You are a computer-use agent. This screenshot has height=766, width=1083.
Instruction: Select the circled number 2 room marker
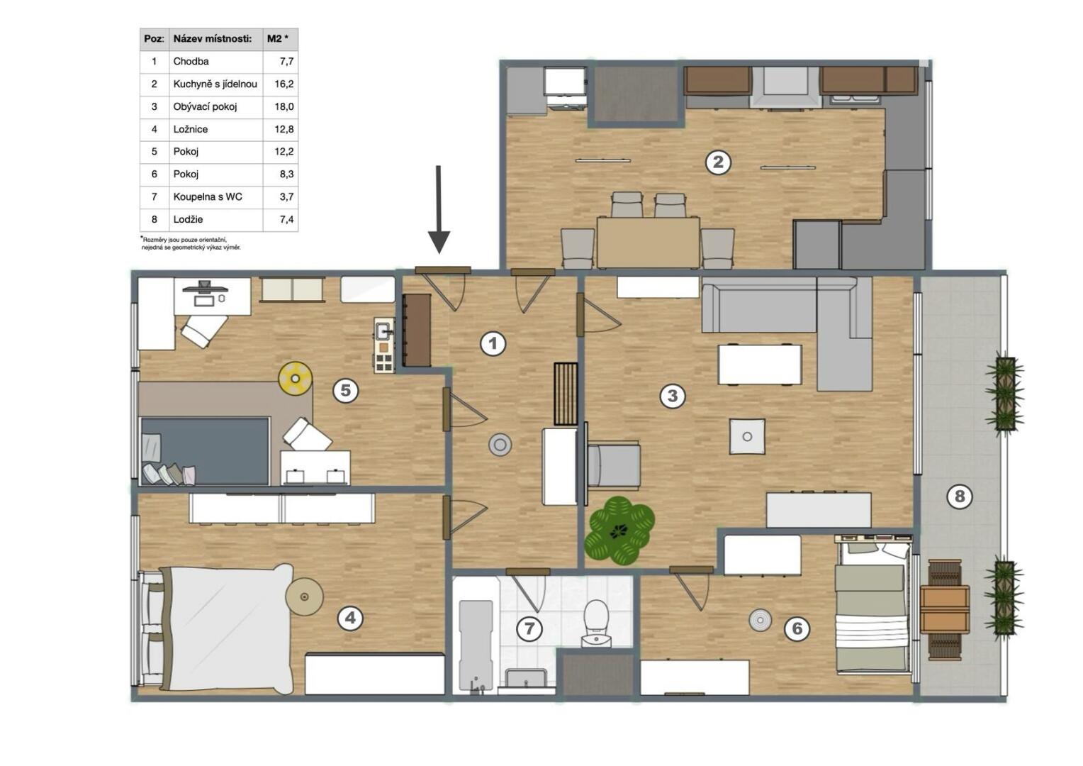(x=718, y=162)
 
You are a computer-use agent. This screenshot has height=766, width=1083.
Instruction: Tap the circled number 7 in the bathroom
(x=529, y=628)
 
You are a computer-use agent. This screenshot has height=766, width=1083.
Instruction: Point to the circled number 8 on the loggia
(x=959, y=496)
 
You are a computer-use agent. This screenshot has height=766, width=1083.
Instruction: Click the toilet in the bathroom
(x=596, y=623)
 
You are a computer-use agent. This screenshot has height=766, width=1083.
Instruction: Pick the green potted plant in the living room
(x=619, y=531)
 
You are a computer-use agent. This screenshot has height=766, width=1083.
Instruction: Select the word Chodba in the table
(x=191, y=62)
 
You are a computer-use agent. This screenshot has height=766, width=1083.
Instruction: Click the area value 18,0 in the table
(x=284, y=106)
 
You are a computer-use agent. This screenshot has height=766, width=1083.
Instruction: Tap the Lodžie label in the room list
(x=188, y=219)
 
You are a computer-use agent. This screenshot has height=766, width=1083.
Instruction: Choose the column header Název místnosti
(x=213, y=39)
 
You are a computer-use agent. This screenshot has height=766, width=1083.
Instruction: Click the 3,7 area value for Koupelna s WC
(x=287, y=196)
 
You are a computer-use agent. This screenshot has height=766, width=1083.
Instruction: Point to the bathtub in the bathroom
(x=476, y=645)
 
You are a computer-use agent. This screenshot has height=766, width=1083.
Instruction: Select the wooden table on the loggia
(x=945, y=610)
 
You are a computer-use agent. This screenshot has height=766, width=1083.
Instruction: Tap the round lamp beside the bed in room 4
(x=304, y=596)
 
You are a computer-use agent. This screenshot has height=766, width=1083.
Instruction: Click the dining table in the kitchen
(x=649, y=242)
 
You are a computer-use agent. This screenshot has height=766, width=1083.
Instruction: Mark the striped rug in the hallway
(x=566, y=394)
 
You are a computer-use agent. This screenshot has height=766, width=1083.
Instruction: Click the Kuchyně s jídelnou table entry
(x=215, y=84)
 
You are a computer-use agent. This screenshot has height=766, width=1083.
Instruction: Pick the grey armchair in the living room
(x=614, y=465)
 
